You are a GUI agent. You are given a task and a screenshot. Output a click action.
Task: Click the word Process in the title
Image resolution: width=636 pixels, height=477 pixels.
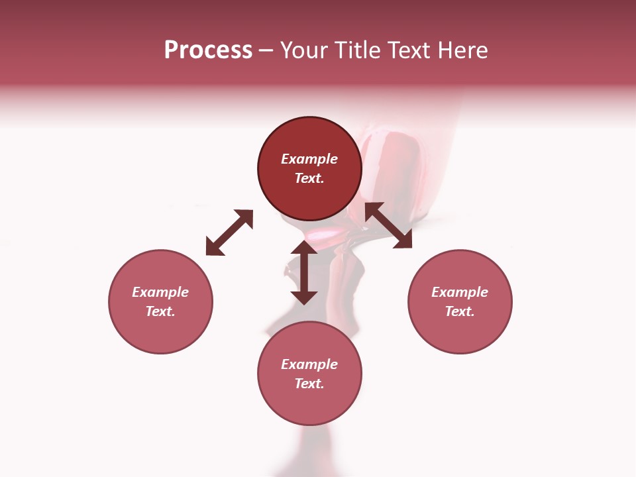tap(208, 50)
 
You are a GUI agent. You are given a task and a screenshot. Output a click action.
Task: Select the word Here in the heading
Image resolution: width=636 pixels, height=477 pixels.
tap(463, 50)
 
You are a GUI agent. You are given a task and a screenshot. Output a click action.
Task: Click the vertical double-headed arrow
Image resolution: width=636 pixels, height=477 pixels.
tap(304, 272)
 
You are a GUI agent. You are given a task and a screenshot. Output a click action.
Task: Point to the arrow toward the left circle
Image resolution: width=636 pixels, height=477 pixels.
tap(229, 233)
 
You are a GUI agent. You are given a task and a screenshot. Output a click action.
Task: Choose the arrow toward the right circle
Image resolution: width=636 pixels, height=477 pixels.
tap(389, 225)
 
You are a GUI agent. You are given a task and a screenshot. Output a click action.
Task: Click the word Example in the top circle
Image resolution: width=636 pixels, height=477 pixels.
tap(309, 159)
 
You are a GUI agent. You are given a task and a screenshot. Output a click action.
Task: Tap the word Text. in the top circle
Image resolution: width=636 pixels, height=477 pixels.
tap(309, 178)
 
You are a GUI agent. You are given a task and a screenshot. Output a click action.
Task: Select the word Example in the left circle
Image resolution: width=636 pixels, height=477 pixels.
tap(160, 292)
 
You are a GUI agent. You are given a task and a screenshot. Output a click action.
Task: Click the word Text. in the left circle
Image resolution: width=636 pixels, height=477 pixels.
tap(160, 311)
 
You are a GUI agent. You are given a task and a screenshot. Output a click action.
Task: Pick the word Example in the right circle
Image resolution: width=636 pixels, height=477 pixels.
tap(460, 292)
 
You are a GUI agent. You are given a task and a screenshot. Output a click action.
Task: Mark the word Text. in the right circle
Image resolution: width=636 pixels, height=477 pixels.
tap(460, 311)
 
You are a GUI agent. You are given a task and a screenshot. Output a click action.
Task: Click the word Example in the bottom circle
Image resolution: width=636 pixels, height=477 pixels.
tap(309, 364)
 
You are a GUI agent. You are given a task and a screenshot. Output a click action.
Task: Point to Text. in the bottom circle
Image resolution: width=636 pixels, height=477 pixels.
tap(309, 384)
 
